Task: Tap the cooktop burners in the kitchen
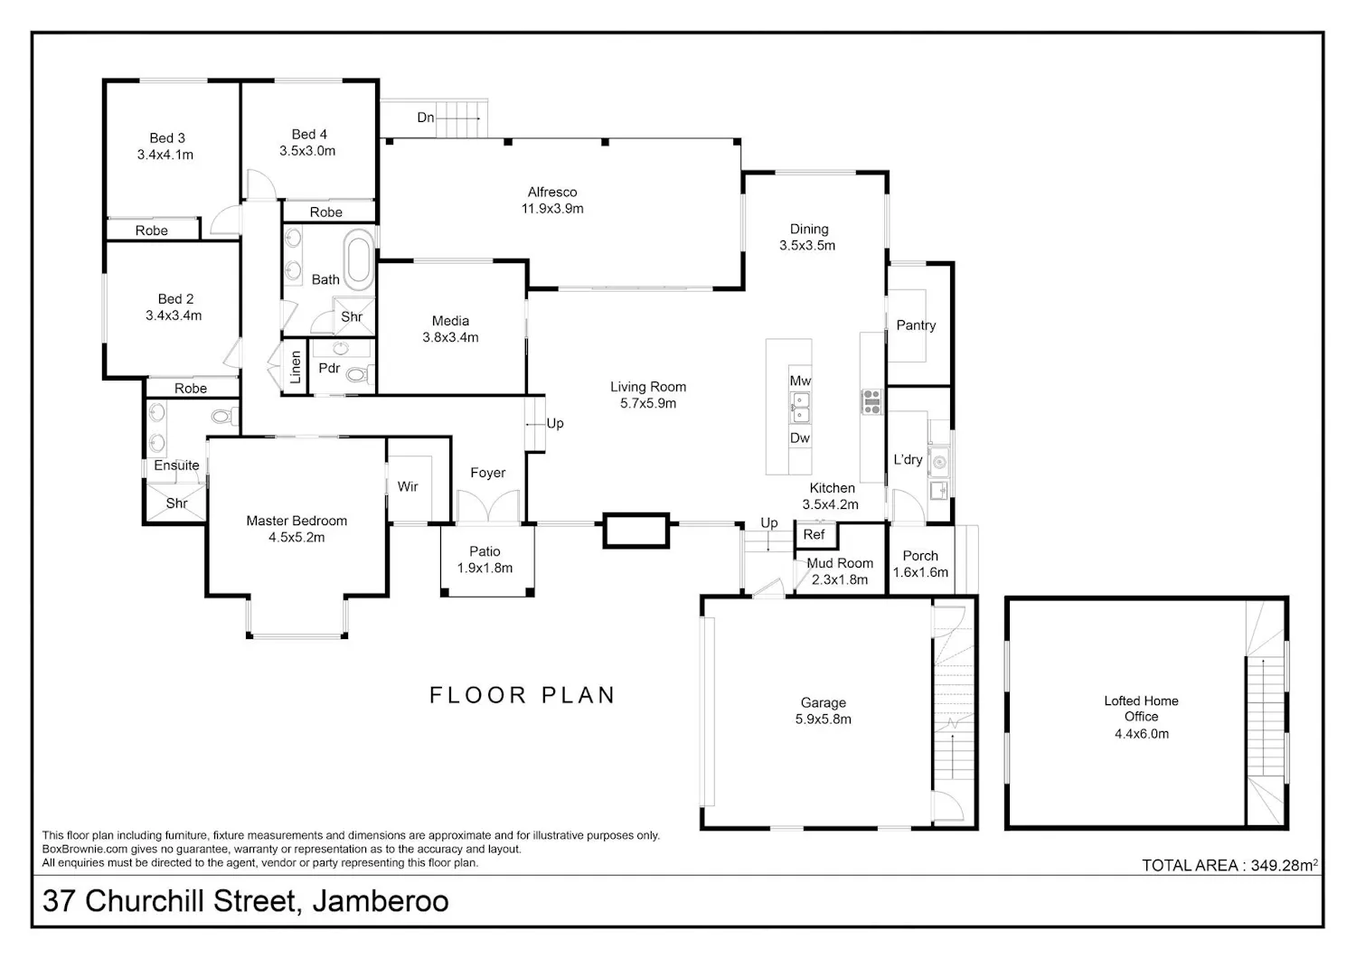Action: tap(871, 401)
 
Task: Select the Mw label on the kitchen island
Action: tap(800, 381)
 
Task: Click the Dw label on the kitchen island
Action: tap(800, 437)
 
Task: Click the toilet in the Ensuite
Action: tap(224, 416)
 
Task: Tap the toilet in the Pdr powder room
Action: tap(359, 375)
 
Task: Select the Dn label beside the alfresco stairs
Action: tap(426, 118)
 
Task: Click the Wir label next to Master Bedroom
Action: tap(408, 486)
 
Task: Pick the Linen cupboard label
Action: tap(296, 368)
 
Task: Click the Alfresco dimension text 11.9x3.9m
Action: tap(552, 209)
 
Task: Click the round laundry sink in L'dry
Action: tap(939, 463)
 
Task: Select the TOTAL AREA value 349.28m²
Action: tap(1285, 865)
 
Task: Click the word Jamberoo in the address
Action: tap(381, 901)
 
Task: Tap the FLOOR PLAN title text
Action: tap(522, 695)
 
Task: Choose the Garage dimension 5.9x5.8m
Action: tap(824, 719)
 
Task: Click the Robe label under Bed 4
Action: tap(325, 212)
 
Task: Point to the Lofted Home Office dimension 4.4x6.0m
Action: tap(1142, 734)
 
